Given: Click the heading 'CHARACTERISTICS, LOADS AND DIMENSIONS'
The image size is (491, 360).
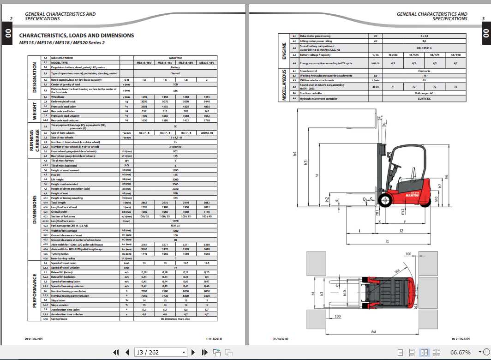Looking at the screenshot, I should [x=77, y=36].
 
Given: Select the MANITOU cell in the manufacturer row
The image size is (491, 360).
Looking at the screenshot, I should [x=175, y=58].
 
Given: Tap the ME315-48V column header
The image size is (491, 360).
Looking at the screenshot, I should [x=144, y=62].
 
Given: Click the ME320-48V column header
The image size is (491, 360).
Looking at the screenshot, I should [x=207, y=62].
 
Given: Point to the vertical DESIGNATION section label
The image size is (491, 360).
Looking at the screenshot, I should [x=34, y=77].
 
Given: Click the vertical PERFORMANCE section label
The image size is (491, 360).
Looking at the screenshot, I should [x=34, y=291].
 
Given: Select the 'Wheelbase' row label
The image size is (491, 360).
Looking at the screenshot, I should [x=58, y=96].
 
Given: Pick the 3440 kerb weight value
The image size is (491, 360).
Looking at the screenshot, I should [x=207, y=101].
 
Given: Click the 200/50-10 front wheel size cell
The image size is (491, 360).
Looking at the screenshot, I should [x=207, y=133].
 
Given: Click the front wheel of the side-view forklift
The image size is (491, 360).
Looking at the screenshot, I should [x=384, y=199].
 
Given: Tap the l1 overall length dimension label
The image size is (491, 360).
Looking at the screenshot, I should [x=387, y=241].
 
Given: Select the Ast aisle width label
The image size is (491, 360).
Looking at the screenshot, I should [x=373, y=331].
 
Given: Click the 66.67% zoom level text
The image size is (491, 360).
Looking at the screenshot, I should [x=461, y=353].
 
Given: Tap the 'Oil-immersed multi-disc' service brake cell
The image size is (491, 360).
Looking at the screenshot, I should [x=175, y=319].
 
